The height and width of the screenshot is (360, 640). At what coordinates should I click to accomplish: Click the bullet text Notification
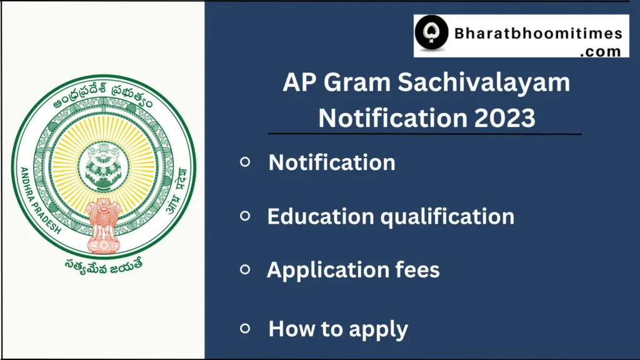[332, 162]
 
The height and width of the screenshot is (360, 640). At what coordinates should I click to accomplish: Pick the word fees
[417, 270]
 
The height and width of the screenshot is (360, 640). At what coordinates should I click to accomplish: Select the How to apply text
[338, 329]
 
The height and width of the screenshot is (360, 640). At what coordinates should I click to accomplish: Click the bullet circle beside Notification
[245, 162]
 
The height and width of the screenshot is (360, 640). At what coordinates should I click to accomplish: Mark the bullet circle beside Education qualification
[245, 216]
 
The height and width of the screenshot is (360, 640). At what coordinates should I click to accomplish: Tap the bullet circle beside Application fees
[245, 269]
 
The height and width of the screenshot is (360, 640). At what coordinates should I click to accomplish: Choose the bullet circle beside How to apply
[245, 327]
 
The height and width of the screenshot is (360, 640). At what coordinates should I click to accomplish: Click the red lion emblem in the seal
[103, 224]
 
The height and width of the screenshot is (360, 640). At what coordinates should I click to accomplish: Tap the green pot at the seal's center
[103, 166]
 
